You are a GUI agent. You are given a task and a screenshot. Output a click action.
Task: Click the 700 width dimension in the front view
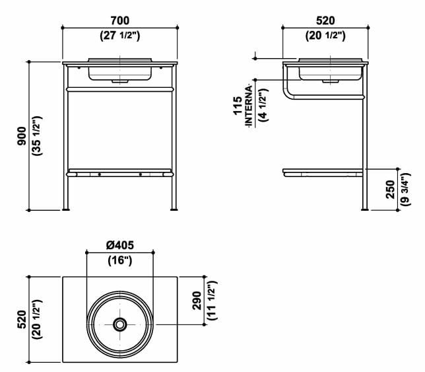point(120,20)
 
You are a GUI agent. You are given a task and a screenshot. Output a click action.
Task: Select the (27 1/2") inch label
point(120,36)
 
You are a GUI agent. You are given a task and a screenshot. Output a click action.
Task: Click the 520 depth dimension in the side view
point(323,20)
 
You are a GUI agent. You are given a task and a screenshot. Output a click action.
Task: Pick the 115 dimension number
point(238,105)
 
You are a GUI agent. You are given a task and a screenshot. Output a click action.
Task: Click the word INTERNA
point(249,105)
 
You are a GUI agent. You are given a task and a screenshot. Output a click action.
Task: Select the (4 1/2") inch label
point(261,105)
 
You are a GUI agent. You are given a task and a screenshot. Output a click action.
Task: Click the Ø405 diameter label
point(120,245)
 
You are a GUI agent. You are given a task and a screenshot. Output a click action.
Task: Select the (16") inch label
point(120,260)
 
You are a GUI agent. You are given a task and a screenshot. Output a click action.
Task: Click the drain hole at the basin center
point(120,324)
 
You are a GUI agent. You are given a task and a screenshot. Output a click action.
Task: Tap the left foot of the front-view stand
point(68,209)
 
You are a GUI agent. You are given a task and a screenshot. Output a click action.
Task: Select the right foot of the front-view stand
point(173,209)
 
